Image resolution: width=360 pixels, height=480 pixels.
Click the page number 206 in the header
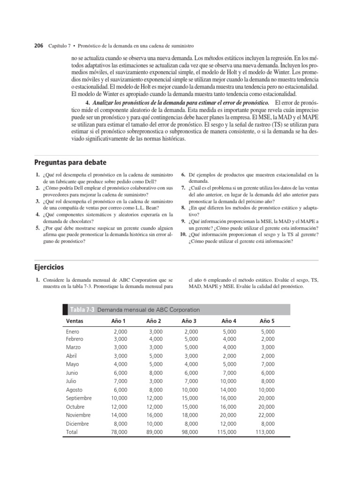point(38,46)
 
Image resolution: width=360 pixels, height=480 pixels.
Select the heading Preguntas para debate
point(70,163)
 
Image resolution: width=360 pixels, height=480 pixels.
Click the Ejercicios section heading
point(49,267)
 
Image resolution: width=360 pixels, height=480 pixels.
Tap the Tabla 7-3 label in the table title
point(82,310)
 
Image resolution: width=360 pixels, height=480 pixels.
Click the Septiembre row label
point(79,398)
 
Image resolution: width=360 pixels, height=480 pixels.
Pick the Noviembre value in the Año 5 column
point(265,415)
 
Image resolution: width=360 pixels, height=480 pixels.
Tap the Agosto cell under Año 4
point(227,390)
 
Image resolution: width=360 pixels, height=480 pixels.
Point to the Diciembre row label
point(77,424)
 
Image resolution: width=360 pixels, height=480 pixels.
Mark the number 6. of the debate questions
point(184,174)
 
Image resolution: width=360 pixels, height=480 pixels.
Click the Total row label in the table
point(72,432)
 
